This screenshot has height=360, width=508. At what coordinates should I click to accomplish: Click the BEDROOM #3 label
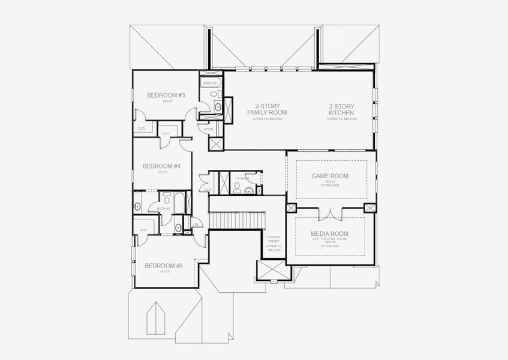tap(166, 95)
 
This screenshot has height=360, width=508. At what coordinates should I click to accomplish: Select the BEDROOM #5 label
tap(163, 266)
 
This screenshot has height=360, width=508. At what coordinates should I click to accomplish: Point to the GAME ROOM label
tap(330, 176)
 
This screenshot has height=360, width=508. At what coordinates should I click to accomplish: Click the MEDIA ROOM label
tap(329, 233)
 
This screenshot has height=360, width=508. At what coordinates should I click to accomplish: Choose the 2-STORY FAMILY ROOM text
tap(267, 109)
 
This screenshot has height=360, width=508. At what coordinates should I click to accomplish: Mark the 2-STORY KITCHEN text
tap(341, 109)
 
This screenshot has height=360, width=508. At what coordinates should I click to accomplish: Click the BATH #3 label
tap(209, 83)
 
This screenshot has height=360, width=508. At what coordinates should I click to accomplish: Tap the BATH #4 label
tap(163, 209)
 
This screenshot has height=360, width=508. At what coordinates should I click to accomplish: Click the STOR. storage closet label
tap(209, 129)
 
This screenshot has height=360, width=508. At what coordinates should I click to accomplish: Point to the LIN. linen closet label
tap(196, 225)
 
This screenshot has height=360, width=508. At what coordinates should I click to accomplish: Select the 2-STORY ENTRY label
tap(273, 243)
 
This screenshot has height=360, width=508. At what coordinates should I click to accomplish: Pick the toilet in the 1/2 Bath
tap(238, 188)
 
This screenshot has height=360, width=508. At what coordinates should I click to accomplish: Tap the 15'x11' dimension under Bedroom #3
tap(166, 101)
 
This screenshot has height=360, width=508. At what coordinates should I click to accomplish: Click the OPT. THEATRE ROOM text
tap(329, 239)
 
